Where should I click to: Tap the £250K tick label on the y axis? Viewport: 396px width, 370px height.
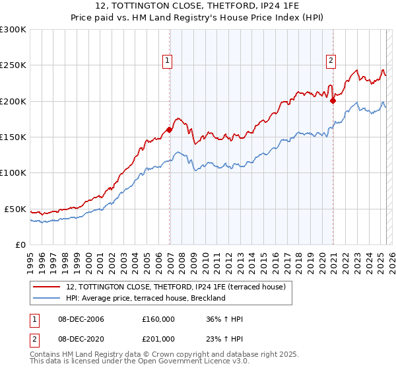tap(13, 65)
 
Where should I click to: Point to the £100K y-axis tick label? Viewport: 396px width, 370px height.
tap(13, 172)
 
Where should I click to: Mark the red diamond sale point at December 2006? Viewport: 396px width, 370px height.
tap(170, 130)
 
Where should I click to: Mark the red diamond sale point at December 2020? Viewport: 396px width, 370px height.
tap(333, 100)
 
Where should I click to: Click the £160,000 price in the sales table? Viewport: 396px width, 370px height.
tap(158, 319)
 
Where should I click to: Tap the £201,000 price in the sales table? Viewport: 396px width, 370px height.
tap(158, 339)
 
